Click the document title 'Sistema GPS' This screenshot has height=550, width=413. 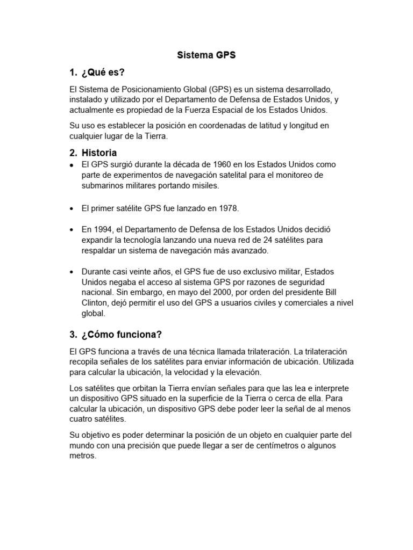(206, 55)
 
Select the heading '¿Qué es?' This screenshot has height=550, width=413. (106, 73)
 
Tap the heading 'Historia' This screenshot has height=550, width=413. (99, 153)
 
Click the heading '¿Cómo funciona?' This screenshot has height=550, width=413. (122, 335)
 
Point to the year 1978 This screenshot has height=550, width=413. (228, 207)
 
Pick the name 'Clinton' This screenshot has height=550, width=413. (95, 304)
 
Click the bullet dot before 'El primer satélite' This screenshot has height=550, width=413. (72, 208)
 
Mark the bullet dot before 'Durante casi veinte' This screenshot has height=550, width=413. (72, 272)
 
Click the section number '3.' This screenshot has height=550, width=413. (74, 335)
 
